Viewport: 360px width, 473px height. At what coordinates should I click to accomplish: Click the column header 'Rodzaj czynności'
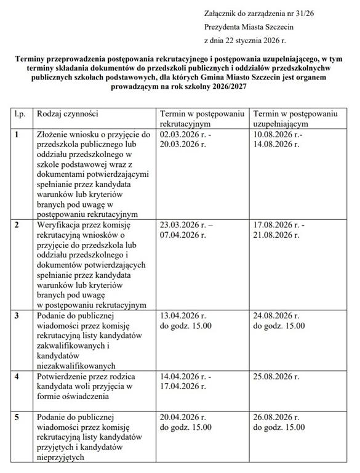(x=68, y=114)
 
